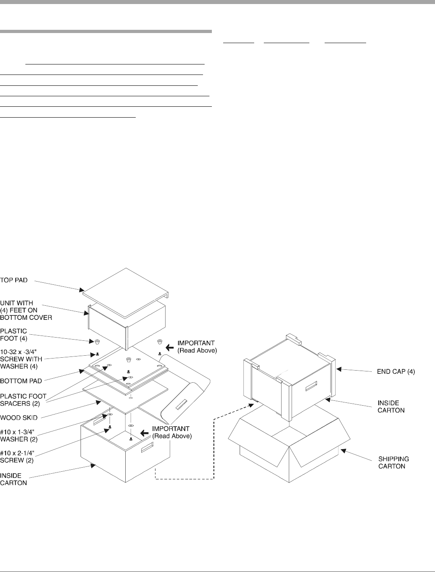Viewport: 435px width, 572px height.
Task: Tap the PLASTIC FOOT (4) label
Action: [x=14, y=334]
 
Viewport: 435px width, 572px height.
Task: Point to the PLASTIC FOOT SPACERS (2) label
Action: [x=23, y=399]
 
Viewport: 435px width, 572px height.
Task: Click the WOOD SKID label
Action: [x=17, y=418]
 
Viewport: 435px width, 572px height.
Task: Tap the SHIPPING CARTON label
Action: [x=394, y=462]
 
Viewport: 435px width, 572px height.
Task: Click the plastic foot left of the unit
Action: [x=97, y=342]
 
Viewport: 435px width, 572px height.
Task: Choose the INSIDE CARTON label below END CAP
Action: [x=391, y=406]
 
